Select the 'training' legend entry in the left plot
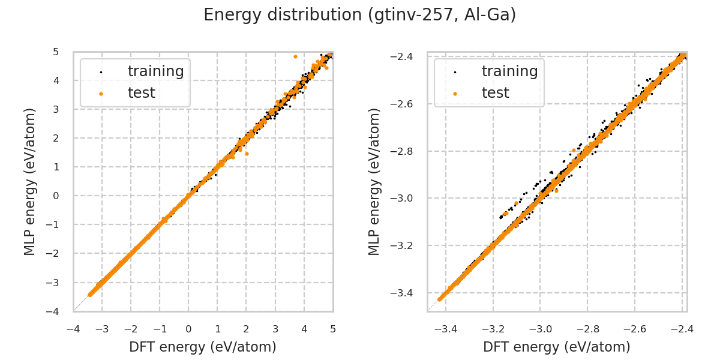tap(155, 71)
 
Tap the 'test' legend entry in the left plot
tap(141, 93)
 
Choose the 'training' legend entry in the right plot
tap(509, 71)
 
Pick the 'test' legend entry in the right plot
tap(495, 93)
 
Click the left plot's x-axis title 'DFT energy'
tap(203, 347)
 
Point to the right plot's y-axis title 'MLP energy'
tap(375, 181)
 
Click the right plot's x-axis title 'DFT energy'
tap(557, 347)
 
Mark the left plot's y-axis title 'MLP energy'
tap(30, 181)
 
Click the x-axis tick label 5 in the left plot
tap(333, 329)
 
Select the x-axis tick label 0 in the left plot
tap(188, 329)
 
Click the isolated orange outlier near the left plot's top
tap(295, 56)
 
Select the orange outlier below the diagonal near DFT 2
tap(247, 154)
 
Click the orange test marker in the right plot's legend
tap(455, 94)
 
